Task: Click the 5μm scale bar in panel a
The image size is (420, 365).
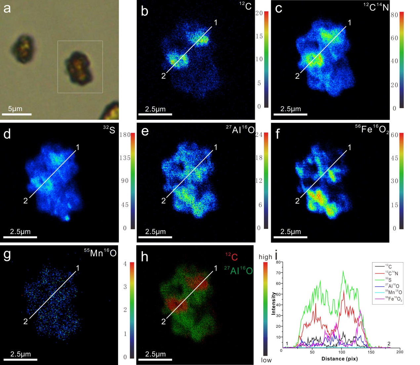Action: click(x=17, y=114)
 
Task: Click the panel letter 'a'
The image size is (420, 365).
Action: click(x=7, y=9)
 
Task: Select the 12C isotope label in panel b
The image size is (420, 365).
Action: click(x=245, y=6)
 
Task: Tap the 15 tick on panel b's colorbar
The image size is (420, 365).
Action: click(x=259, y=36)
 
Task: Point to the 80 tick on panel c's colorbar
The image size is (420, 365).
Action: click(x=394, y=15)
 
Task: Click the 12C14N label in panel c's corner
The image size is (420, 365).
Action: click(x=376, y=7)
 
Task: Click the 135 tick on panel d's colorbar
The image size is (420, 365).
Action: click(x=125, y=158)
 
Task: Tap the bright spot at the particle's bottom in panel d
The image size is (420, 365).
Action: click(x=67, y=218)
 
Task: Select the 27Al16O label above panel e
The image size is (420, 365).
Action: click(x=240, y=129)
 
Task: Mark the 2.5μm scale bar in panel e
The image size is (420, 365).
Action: click(x=155, y=236)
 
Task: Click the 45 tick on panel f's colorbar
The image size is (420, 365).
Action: click(x=394, y=158)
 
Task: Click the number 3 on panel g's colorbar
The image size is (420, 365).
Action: click(x=125, y=287)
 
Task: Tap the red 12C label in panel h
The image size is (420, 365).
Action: click(x=231, y=257)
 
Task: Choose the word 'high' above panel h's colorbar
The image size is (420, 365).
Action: click(x=265, y=257)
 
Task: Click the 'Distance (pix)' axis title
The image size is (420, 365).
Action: click(x=339, y=359)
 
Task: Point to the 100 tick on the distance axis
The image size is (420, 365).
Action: click(x=342, y=352)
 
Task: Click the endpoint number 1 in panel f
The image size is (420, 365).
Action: click(x=350, y=147)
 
